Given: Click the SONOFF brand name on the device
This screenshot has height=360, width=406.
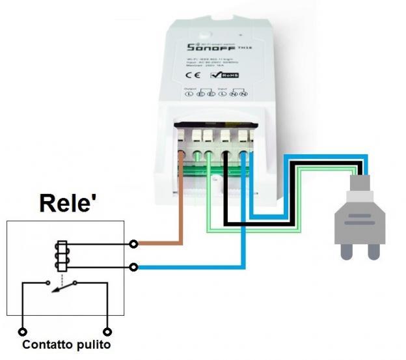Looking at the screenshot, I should click(210, 48).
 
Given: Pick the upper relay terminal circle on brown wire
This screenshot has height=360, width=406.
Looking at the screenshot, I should click(133, 244).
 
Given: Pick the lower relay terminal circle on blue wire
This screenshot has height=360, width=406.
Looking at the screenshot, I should click(133, 267).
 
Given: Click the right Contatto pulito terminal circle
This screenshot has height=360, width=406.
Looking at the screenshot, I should click(108, 331).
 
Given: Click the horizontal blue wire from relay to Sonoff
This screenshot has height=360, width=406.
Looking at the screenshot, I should click(189, 267).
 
